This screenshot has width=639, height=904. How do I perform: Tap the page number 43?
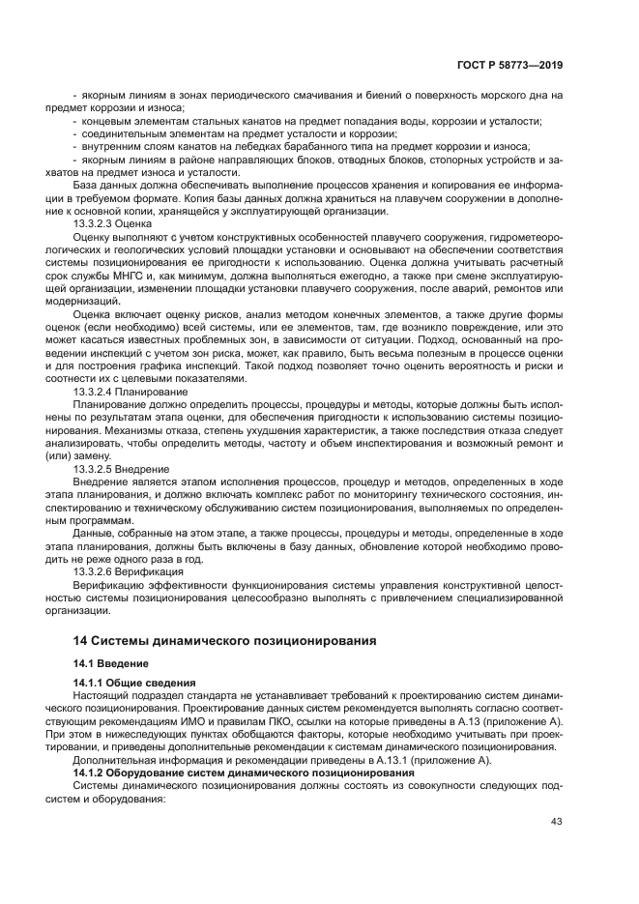(x=556, y=823)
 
